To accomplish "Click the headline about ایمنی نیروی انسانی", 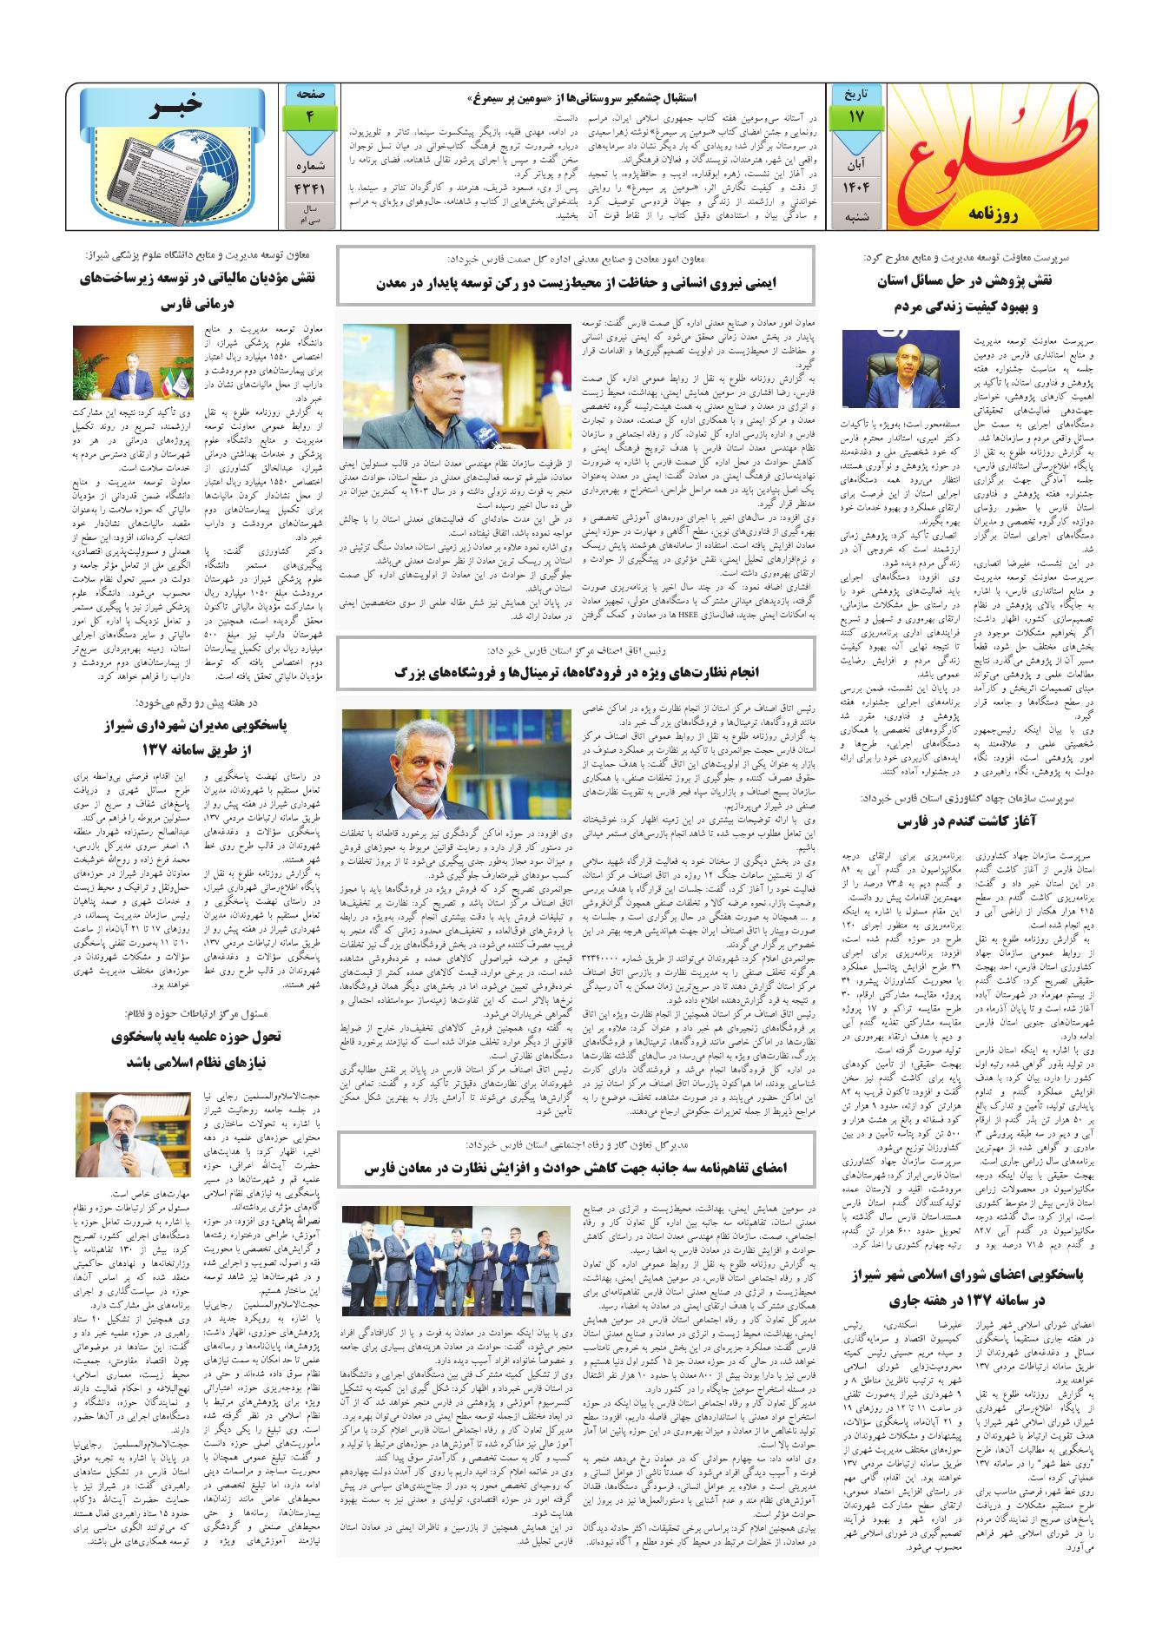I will click(576, 282).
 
